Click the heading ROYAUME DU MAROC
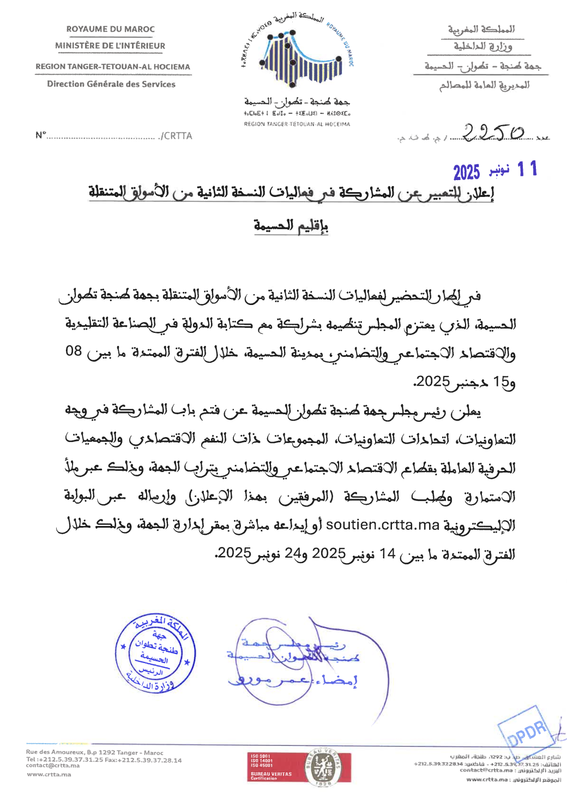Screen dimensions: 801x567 click(110, 29)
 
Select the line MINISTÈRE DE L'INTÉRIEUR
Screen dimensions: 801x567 click(110, 46)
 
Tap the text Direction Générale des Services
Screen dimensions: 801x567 click(111, 84)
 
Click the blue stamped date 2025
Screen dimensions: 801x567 click(467, 172)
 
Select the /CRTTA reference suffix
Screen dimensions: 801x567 click(176, 136)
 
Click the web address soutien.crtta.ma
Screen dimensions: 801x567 click(383, 525)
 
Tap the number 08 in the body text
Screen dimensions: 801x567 click(74, 351)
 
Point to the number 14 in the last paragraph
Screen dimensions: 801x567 click(388, 553)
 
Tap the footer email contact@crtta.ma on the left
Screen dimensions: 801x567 click(53, 766)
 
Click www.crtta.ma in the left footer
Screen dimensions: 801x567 click(49, 774)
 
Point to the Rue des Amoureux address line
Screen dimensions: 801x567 click(94, 752)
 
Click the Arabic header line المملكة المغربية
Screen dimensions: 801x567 click(481, 29)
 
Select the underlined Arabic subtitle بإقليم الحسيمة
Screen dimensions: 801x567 click(291, 225)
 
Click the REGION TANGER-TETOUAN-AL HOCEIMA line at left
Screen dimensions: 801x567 click(113, 67)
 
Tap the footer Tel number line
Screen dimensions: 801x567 click(104, 760)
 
